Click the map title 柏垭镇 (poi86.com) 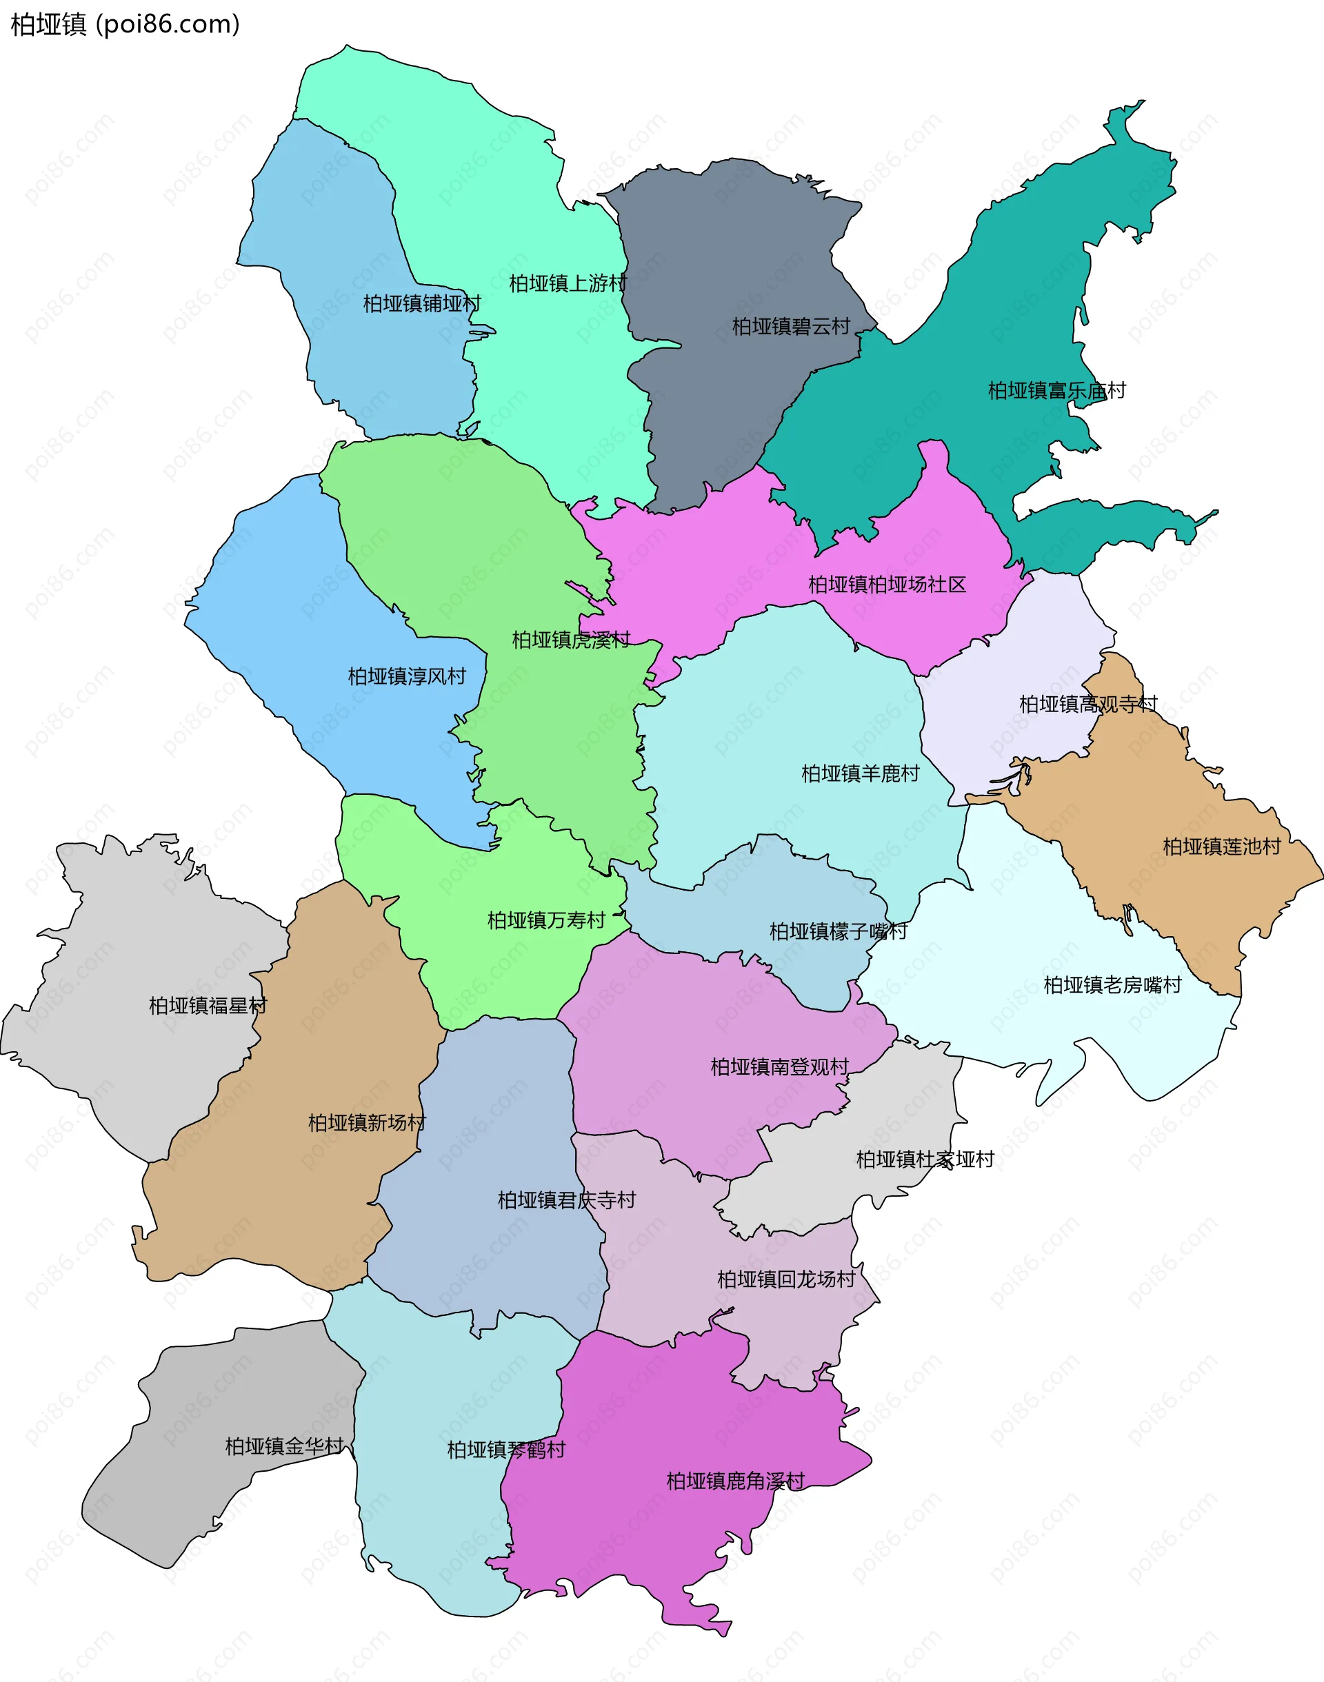[125, 25]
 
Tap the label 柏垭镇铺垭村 [422, 304]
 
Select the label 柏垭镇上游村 [568, 283]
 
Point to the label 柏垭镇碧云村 [791, 327]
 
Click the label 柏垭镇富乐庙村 [1056, 390]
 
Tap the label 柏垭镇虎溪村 [570, 640]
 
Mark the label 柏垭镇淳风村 [406, 676]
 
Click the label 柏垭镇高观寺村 [1087, 704]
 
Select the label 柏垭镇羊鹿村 [860, 773]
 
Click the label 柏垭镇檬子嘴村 [837, 931]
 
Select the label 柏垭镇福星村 [207, 1005]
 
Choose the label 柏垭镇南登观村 [779, 1067]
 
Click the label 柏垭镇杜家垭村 [924, 1159]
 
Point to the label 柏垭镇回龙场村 [785, 1279]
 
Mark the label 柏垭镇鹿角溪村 [735, 1481]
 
